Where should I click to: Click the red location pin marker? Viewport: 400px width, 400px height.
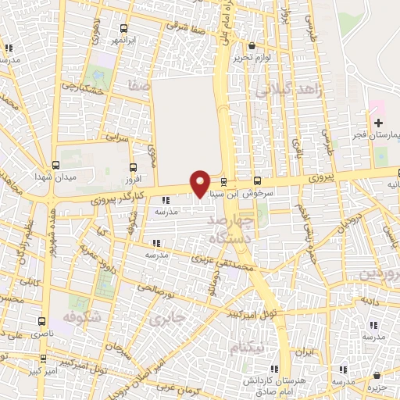[x=200, y=184]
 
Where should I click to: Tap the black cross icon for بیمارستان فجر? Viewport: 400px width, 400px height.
[x=378, y=123]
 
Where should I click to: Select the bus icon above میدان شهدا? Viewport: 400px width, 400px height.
[x=55, y=165]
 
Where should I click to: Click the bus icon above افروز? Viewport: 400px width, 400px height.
[x=132, y=166]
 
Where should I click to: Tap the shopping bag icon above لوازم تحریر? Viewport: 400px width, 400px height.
[x=252, y=45]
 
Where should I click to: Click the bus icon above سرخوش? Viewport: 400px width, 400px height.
[x=258, y=180]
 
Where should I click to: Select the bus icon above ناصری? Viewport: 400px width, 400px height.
[x=41, y=321]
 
